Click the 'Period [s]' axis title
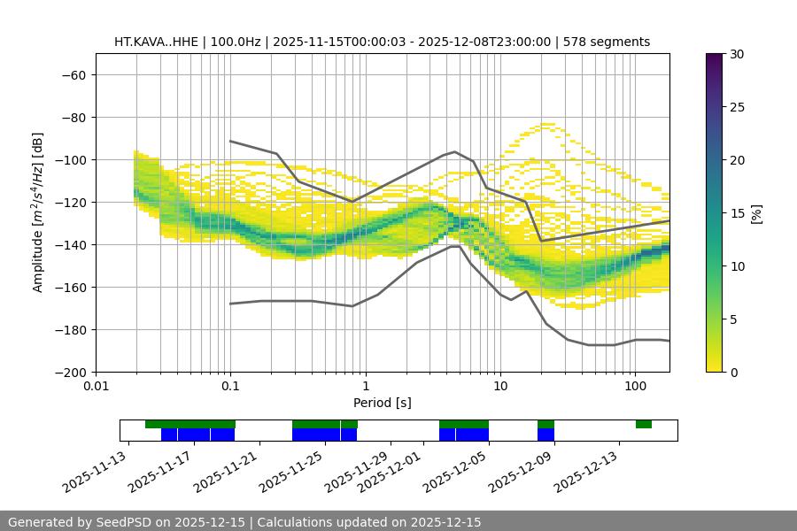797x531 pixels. point(382,403)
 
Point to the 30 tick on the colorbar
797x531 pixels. point(736,54)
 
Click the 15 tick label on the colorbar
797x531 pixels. point(736,213)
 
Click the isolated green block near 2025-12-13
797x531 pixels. point(644,424)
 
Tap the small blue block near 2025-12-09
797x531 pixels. point(546,435)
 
